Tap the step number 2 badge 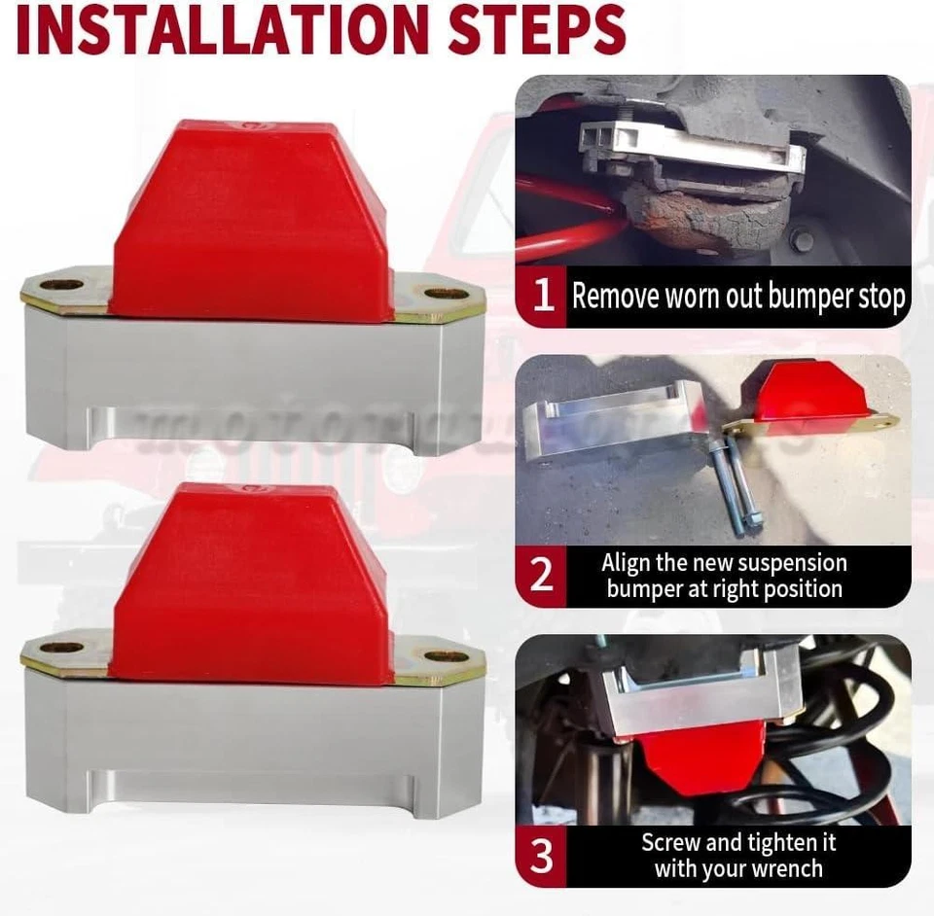tap(542, 576)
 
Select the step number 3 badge tap(542, 857)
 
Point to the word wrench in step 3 tap(786, 868)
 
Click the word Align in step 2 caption tap(628, 563)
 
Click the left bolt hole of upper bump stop tap(64, 286)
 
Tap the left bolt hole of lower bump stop tap(62, 647)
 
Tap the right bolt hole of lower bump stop tap(445, 653)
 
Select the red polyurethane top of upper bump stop tap(251, 219)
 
